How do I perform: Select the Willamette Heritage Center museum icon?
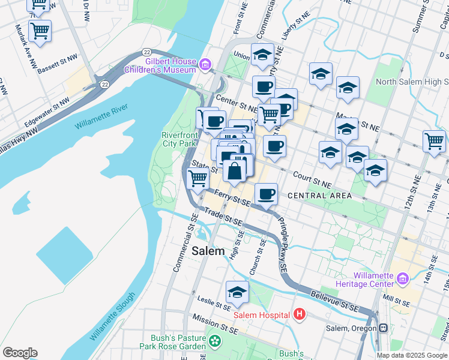click(402, 279)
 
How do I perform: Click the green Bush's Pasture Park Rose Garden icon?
click(215, 341)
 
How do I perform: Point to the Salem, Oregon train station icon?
click(382, 328)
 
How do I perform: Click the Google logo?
click(20, 353)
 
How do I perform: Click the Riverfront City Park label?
click(179, 139)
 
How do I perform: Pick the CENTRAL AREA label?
click(319, 196)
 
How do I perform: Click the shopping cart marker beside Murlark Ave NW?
click(40, 31)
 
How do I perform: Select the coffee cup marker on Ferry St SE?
click(266, 193)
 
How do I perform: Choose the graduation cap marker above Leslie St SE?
click(237, 292)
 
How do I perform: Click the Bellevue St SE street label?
click(335, 301)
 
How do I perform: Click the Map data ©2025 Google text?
click(412, 355)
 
